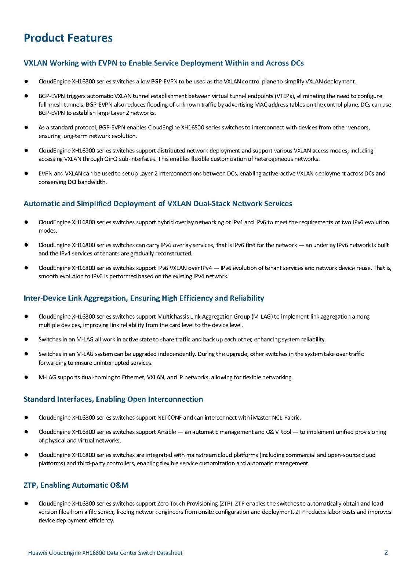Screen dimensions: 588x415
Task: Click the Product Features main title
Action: click(x=68, y=38)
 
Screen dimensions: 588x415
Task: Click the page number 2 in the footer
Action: click(x=386, y=552)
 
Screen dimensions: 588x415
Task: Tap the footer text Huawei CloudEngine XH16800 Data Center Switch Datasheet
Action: click(x=105, y=553)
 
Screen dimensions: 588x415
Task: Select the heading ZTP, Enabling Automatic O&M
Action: click(x=76, y=485)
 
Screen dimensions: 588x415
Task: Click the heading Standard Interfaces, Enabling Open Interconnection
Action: click(x=113, y=399)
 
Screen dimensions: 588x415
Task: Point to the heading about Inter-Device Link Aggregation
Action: click(x=143, y=298)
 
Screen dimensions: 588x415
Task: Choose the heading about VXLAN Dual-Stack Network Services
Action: click(x=158, y=204)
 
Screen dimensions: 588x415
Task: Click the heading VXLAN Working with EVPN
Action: click(x=163, y=63)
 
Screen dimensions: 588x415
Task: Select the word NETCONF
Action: click(x=169, y=417)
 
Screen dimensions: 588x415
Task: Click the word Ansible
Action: click(x=167, y=432)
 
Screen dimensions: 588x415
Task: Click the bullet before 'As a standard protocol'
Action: click(x=26, y=128)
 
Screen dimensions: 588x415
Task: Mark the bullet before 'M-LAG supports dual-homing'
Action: click(x=26, y=377)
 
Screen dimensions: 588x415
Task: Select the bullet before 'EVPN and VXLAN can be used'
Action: click(x=26, y=173)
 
